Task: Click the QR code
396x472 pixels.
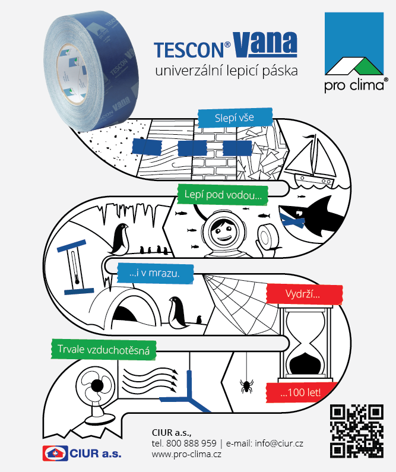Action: (x=356, y=430)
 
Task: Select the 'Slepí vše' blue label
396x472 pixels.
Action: (x=235, y=118)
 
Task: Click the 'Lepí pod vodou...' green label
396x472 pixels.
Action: (x=223, y=194)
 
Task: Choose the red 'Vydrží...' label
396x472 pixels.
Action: (x=304, y=294)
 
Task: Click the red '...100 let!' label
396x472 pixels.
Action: (x=300, y=392)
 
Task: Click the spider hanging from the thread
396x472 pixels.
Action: (x=245, y=387)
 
